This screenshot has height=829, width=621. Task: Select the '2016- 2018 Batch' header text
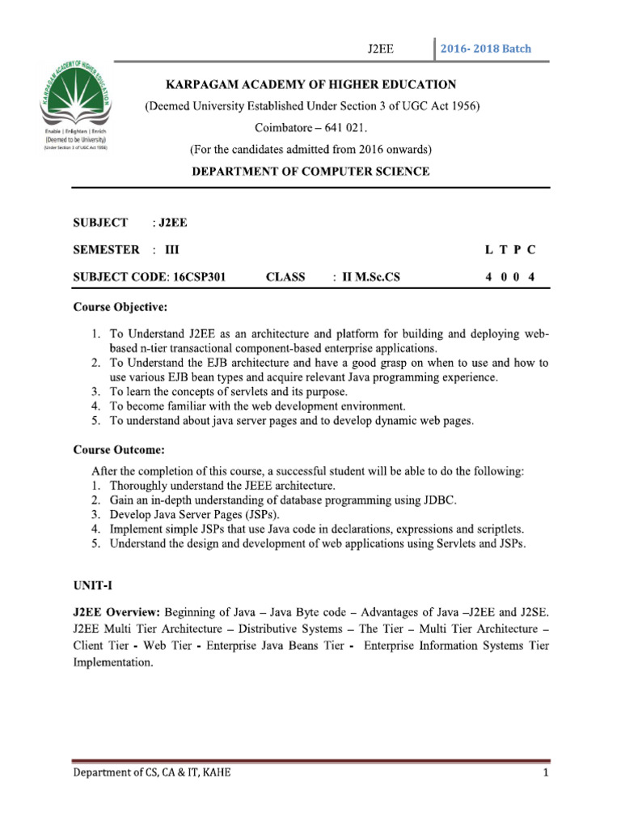[x=486, y=49]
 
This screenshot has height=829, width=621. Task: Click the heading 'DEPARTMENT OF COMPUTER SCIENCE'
[x=310, y=172]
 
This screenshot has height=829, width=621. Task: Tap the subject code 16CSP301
[x=198, y=277]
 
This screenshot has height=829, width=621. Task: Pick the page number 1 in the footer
[x=547, y=773]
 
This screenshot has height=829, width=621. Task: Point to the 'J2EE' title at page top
[x=380, y=49]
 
